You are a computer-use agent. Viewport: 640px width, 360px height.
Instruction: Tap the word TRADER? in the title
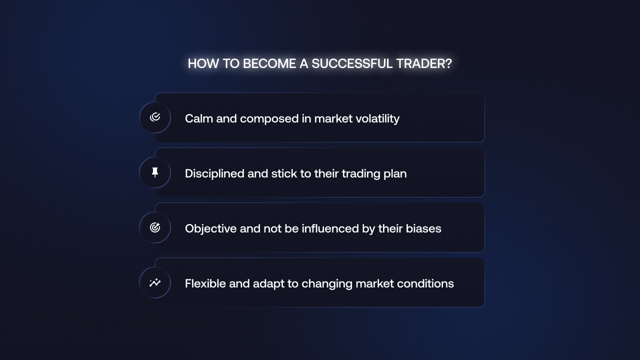coord(424,63)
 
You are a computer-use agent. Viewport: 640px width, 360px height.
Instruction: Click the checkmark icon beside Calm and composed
coord(155,117)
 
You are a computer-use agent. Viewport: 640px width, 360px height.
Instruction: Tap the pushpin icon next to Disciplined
coord(155,172)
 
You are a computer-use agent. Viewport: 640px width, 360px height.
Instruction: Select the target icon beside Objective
coord(155,227)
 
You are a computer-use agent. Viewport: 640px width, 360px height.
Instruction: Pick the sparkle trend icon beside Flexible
coord(155,282)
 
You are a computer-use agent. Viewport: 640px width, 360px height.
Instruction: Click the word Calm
coord(199,118)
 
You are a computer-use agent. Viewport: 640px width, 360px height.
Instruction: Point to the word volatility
coord(377,119)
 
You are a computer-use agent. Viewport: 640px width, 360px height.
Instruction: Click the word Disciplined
coord(214,174)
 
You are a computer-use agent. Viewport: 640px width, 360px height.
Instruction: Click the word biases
coord(423,228)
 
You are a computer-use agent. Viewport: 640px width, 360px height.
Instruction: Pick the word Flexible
coord(205,283)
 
